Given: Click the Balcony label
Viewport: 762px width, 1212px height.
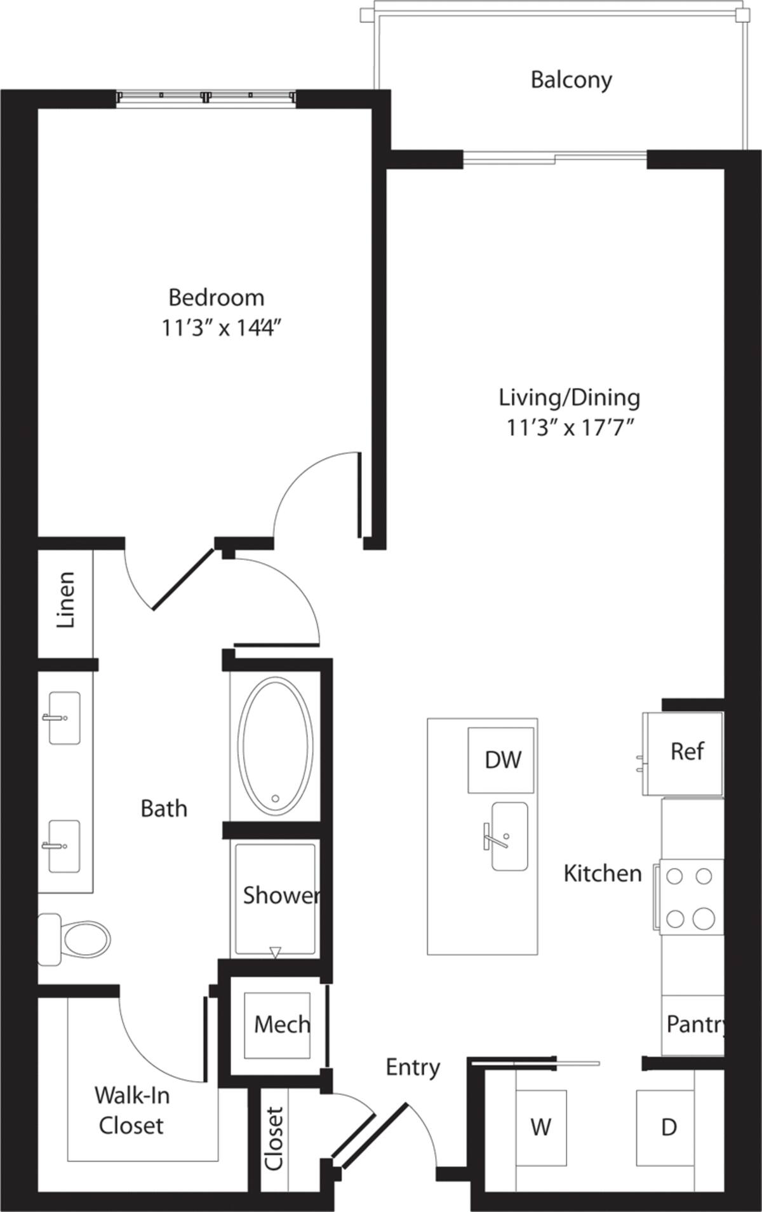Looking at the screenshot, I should click(x=571, y=80).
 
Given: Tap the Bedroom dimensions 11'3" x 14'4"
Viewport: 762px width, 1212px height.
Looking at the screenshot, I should click(x=221, y=330).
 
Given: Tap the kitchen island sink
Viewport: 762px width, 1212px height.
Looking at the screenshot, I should click(x=508, y=836).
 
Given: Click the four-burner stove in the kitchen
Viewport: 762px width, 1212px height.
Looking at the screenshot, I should click(x=690, y=897).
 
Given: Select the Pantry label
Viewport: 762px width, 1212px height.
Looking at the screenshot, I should click(x=695, y=1023).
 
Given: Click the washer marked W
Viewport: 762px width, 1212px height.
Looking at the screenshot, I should click(x=540, y=1127).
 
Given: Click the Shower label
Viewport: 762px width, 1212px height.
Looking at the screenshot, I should click(x=279, y=895).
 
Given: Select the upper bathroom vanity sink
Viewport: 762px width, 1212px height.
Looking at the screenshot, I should click(x=63, y=718).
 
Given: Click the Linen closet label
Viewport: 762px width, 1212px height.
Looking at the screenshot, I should click(x=66, y=601).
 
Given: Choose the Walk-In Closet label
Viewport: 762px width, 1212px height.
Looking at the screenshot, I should click(x=131, y=1110).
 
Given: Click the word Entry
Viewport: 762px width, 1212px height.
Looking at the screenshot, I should click(x=413, y=1067).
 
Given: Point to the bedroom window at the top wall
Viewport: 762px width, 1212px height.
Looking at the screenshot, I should click(x=207, y=97).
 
